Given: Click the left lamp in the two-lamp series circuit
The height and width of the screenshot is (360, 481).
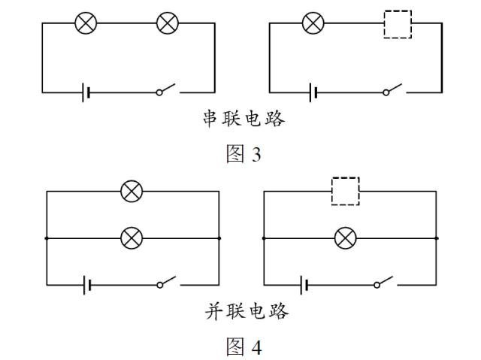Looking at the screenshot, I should coord(86,23).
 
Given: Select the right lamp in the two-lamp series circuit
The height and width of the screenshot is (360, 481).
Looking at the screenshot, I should coord(167,23).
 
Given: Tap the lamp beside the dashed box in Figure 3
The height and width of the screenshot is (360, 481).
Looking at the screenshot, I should coord(313,23).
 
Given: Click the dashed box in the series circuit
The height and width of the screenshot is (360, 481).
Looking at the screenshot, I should coord(398,24).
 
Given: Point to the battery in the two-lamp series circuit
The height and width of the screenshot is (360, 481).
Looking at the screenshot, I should coord(87,92).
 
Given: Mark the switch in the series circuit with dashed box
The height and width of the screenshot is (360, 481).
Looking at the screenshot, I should coord(393,91).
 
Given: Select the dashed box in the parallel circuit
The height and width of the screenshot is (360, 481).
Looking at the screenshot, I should coord(346,191).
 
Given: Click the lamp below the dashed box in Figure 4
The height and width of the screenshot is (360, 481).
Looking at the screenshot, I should coord(346,238).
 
